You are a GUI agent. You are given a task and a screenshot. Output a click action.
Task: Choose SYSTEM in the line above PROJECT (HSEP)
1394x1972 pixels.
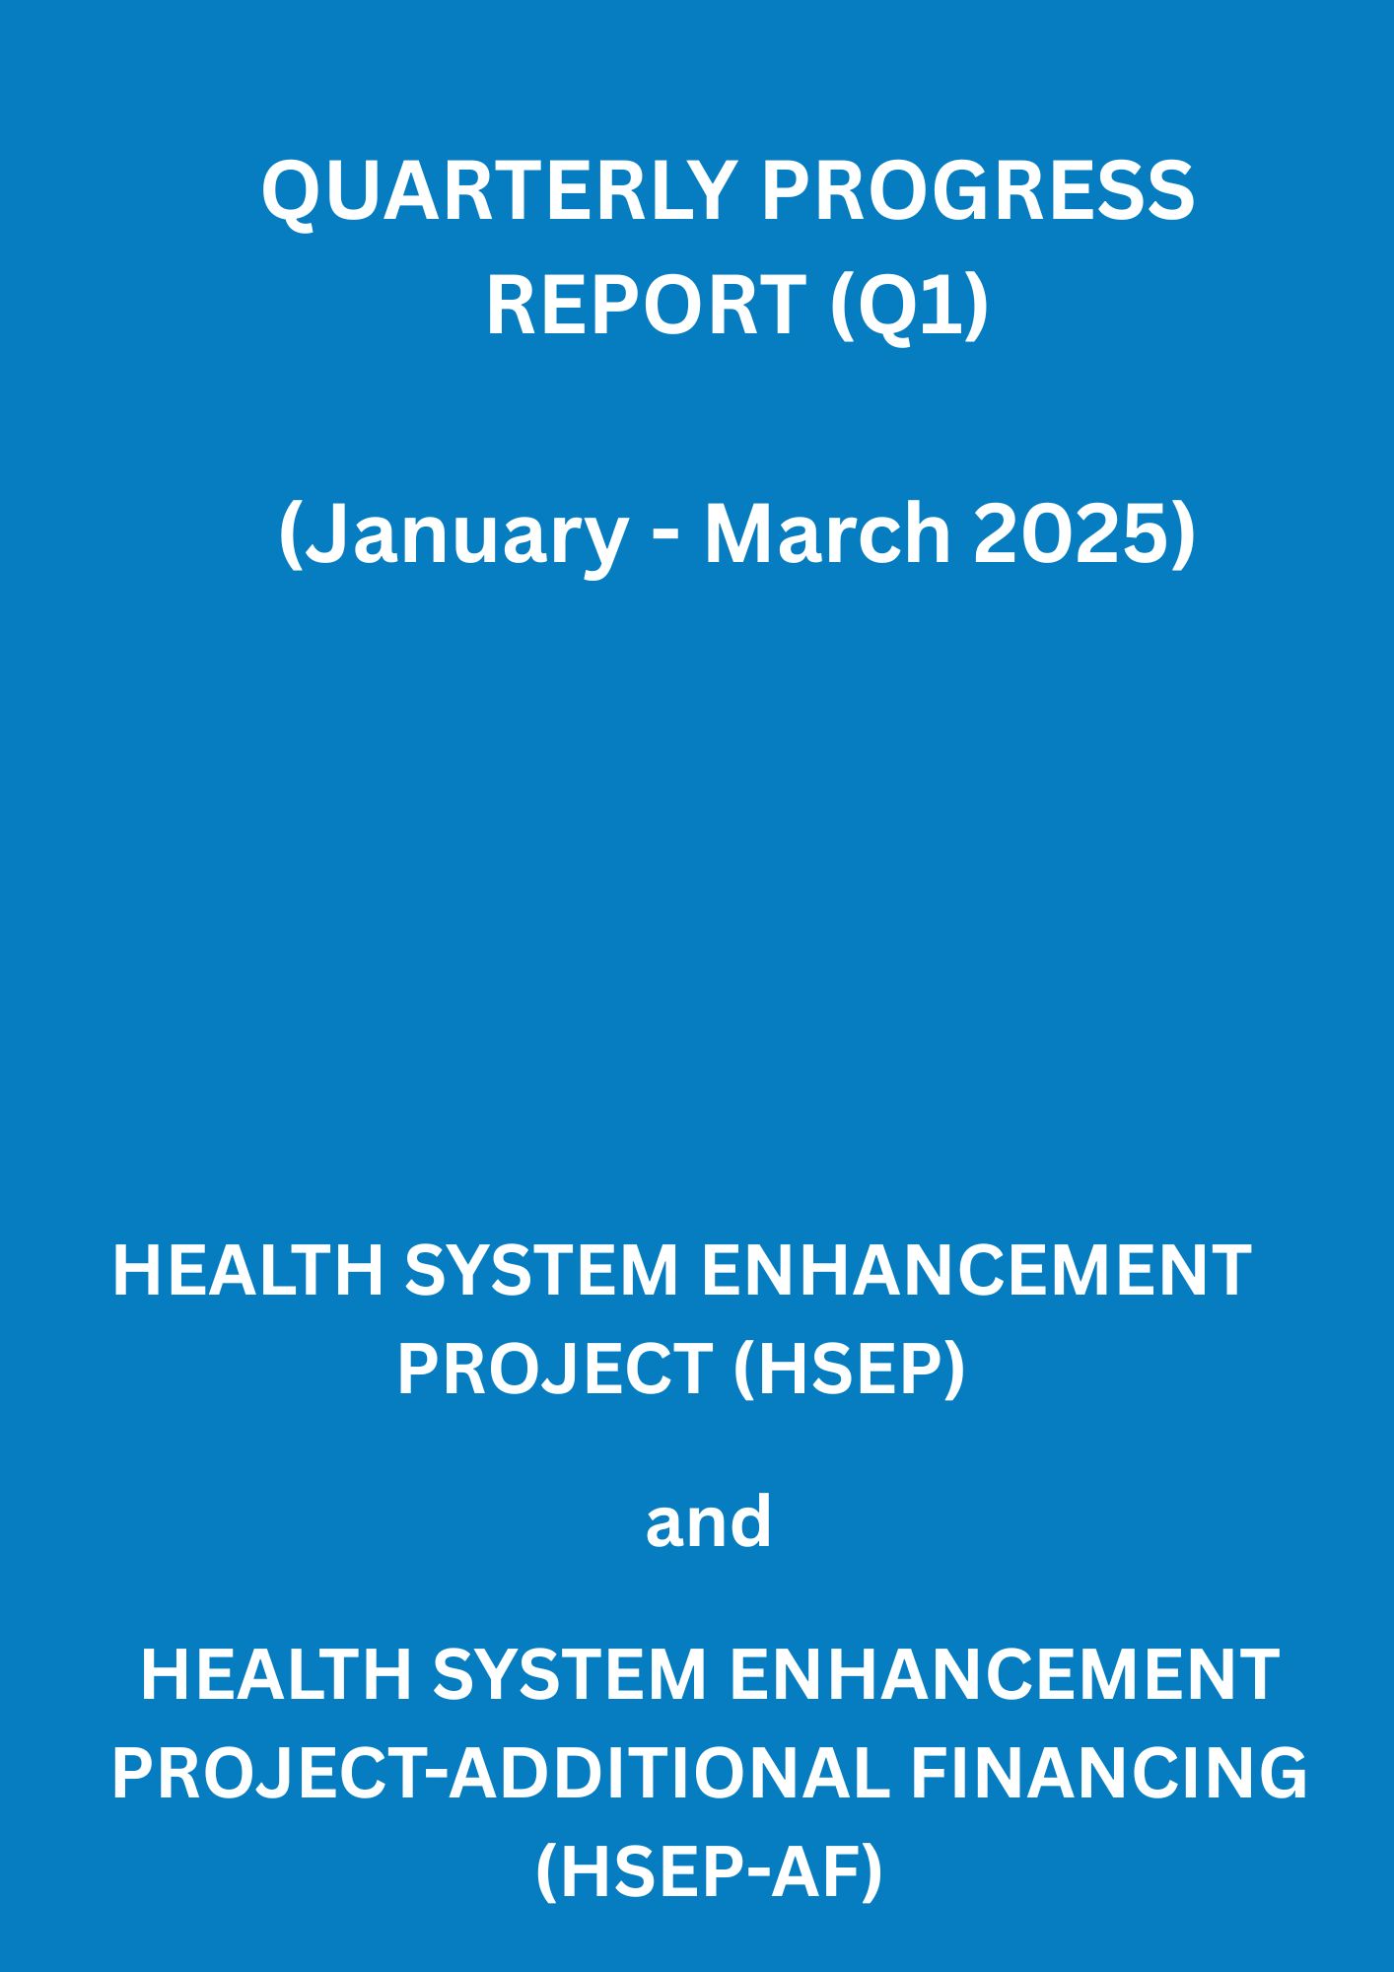(x=541, y=1270)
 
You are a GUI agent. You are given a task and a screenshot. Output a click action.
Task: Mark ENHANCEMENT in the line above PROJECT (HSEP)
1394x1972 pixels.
(x=976, y=1270)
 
